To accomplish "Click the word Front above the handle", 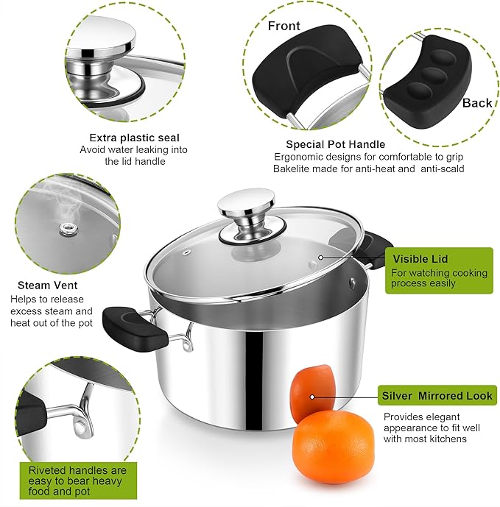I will coord(284,26).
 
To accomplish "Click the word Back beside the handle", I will coord(476,103).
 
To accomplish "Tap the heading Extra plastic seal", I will coord(134,138).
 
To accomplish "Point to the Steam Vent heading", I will coord(48,285).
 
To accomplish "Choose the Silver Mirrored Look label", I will coord(437,396).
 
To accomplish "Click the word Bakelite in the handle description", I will coord(294,169).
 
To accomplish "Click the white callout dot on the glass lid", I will coord(320,258).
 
